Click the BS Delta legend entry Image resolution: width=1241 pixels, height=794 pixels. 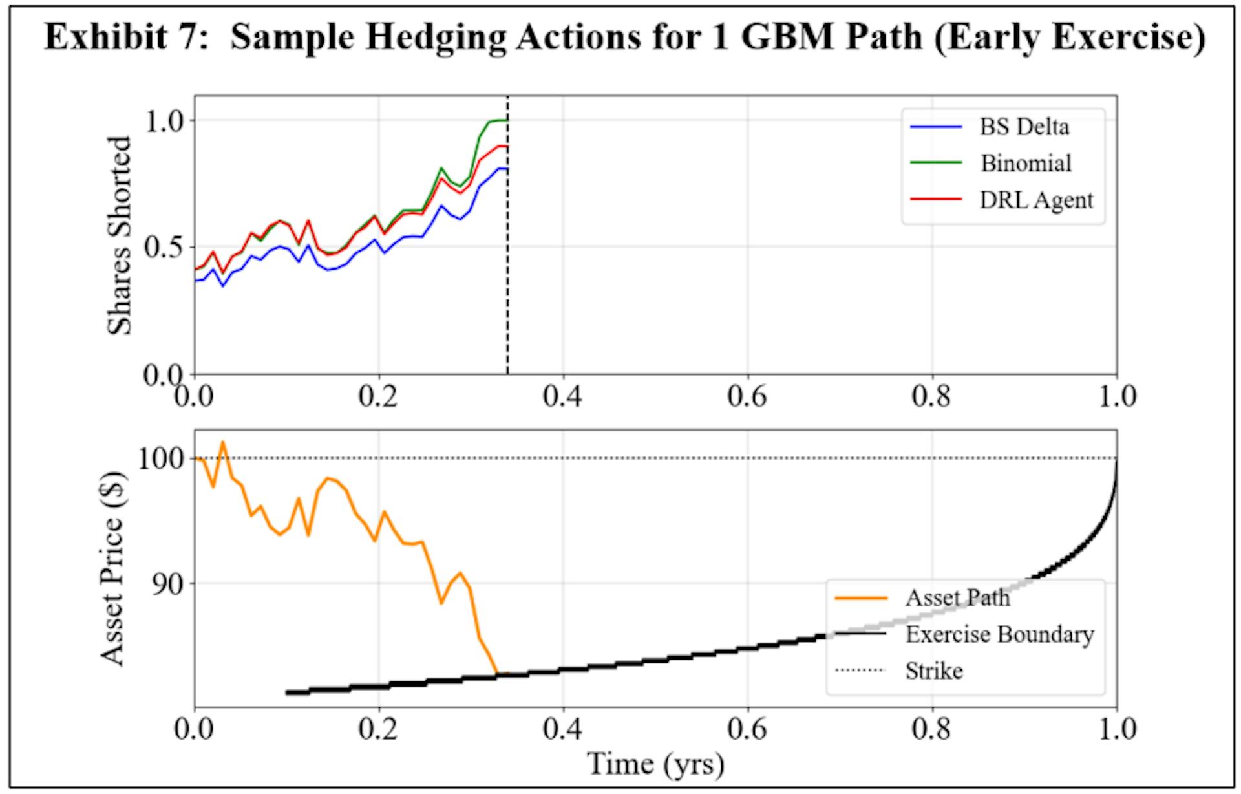(1024, 127)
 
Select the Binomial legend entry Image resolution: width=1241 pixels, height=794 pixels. (1025, 164)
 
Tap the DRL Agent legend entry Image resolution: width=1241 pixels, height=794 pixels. (1035, 200)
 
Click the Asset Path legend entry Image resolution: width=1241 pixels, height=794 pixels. (957, 598)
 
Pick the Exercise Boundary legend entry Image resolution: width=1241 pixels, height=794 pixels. (999, 634)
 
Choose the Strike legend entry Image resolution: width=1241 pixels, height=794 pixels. (933, 671)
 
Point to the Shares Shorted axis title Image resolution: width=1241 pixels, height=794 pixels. (119, 235)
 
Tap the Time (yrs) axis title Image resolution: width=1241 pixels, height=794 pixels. (655, 765)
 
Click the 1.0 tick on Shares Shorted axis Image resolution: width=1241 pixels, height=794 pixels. (164, 120)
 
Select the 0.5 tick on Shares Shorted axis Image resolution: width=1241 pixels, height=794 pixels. (164, 247)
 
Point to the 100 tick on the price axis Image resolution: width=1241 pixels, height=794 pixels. (161, 459)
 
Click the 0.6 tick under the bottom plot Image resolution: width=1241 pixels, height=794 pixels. (747, 729)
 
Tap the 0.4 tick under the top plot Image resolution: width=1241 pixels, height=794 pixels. (562, 396)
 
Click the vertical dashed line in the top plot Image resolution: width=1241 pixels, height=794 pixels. (507, 259)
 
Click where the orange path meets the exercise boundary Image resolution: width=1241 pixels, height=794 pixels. (498, 674)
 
